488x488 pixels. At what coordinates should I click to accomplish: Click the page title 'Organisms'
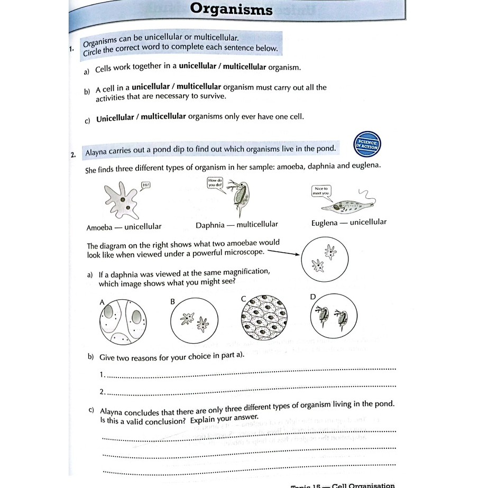coord(231,9)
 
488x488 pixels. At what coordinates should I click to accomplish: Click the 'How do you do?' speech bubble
coord(216,183)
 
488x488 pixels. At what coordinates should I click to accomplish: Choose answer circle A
coord(123,322)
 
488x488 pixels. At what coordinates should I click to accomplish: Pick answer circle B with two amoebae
coord(194,321)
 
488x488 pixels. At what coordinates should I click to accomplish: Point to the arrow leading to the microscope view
coord(283,253)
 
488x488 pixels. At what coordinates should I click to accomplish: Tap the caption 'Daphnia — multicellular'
coord(236,225)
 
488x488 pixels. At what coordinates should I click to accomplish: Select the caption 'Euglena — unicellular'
coord(348,223)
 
